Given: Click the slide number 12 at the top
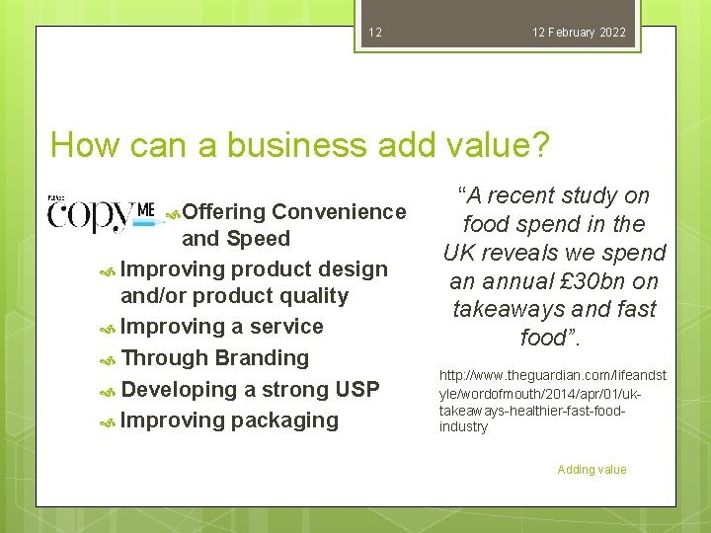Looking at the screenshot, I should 374,33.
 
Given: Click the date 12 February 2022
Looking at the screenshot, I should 579,33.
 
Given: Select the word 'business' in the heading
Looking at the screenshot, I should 292,146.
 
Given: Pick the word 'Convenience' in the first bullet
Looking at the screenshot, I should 339,211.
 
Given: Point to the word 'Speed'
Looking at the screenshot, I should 258,239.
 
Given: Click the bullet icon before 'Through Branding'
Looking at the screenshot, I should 109,359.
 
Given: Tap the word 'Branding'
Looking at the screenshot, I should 262,358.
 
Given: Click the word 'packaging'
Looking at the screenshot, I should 285,420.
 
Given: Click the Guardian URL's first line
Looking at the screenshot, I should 552,375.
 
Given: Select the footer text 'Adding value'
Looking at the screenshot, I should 592,470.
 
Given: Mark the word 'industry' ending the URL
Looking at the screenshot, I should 463,427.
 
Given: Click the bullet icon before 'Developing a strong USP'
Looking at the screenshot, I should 109,391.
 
